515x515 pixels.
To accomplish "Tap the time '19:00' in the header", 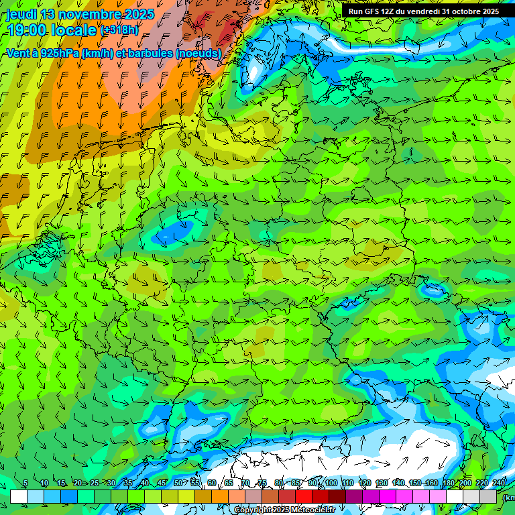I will click(27, 30).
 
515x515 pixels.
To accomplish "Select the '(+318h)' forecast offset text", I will click(121, 30).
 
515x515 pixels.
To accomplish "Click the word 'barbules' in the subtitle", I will click(149, 53).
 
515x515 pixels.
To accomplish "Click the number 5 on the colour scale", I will click(25, 483).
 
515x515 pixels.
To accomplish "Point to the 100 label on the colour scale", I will click(331, 483).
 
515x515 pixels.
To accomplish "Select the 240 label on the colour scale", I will click(499, 483).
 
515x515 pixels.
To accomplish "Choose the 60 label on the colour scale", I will click(212, 483).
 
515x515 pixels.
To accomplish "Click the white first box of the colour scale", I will click(19, 496).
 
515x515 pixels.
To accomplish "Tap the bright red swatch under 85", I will click(304, 496).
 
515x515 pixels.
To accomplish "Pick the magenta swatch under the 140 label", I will click(404, 496).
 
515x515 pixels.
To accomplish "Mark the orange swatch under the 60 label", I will click(220, 496).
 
